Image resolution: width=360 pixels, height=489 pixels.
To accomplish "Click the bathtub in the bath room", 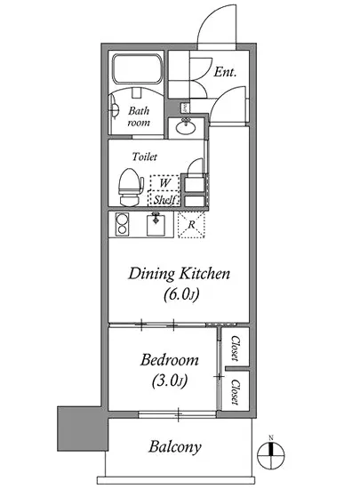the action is tap(137, 69).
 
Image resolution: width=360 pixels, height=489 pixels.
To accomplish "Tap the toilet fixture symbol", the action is tap(131, 187).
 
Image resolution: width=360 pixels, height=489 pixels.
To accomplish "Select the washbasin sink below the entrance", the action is tap(186, 127).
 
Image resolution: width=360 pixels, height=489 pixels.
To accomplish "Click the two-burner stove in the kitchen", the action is tap(122, 224).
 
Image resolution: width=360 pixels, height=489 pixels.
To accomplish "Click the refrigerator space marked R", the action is tap(191, 225).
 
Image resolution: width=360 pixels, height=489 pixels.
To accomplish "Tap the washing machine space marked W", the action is tap(164, 183).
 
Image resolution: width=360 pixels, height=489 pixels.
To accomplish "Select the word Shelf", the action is tap(165, 199).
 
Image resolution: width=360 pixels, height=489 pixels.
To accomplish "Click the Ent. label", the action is tap(225, 72).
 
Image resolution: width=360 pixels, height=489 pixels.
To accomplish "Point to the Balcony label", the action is tap(174, 446).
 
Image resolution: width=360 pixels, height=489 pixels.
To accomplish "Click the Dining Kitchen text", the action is tap(180, 274).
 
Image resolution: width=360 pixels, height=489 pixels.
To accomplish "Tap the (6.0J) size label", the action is tap(181, 294).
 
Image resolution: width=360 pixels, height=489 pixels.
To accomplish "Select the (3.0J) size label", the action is tap(169, 381).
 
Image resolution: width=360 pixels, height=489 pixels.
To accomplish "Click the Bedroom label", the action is tap(169, 359).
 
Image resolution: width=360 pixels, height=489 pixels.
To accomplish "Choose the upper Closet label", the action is tap(236, 349).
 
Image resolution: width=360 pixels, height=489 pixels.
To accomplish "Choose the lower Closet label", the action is tap(236, 392).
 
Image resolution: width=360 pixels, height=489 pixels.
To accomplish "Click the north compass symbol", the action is tap(271, 454).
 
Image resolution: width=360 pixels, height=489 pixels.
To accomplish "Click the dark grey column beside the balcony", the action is tap(83, 429).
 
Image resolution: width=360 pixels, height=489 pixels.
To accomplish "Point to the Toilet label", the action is tap(145, 156).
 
